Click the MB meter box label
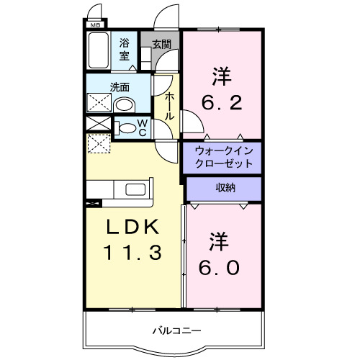94,26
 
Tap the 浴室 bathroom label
125,49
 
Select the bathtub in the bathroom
97,51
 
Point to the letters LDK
134,228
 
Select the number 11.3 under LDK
134,253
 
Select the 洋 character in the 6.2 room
220,74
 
